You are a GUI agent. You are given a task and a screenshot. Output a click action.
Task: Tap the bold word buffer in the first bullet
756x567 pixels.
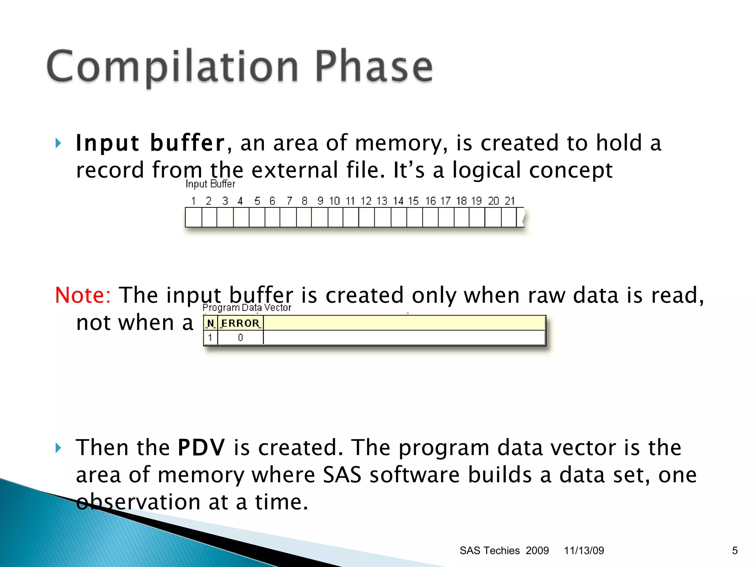(187, 143)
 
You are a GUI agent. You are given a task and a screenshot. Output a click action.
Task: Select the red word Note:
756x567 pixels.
(83, 295)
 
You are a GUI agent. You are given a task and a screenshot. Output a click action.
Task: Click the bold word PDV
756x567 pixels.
(201, 447)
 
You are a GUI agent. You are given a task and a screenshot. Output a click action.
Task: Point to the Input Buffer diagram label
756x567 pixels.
(210, 184)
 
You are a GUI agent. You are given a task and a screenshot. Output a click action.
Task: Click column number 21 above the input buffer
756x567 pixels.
(509, 201)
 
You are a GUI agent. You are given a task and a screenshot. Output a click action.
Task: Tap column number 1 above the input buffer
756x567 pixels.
(193, 201)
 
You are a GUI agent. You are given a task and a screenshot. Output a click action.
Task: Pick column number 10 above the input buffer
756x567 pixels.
(334, 201)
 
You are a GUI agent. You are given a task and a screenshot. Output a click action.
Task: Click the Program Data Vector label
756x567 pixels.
(247, 307)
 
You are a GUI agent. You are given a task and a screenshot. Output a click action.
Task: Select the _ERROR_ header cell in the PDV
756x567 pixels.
(240, 323)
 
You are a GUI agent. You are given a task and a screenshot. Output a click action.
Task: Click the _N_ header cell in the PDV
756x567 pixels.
(210, 323)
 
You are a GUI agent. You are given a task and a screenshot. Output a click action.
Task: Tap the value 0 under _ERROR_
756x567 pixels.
(240, 337)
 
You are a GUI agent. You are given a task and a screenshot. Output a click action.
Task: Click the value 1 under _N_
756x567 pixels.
(210, 337)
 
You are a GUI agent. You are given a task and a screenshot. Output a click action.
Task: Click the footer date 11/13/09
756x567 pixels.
(584, 550)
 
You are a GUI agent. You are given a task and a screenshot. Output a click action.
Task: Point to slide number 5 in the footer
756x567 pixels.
(735, 550)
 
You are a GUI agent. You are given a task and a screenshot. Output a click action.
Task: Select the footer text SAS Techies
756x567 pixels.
(489, 550)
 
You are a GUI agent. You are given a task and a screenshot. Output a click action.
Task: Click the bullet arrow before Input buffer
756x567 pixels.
(58, 143)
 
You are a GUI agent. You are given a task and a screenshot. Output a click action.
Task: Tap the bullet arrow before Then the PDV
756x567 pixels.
(58, 448)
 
